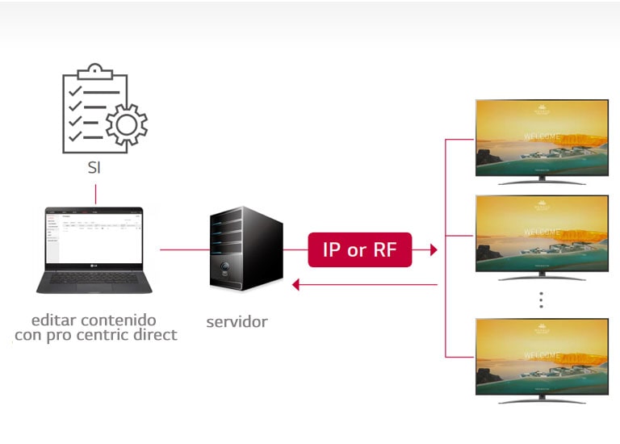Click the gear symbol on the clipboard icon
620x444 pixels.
(x=127, y=124)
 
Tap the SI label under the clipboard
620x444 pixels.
(x=95, y=170)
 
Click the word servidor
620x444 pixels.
(x=237, y=322)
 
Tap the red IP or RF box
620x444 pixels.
(x=359, y=250)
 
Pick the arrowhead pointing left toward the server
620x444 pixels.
(x=296, y=284)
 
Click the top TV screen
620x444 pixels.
(x=541, y=137)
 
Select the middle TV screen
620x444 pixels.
(x=541, y=233)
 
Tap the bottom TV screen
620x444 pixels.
(x=541, y=356)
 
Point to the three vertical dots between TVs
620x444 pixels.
(x=541, y=299)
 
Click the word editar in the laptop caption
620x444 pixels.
(x=56, y=320)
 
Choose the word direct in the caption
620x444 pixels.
(x=153, y=334)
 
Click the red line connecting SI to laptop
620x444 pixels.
(x=95, y=194)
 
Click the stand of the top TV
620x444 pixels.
(x=541, y=181)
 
